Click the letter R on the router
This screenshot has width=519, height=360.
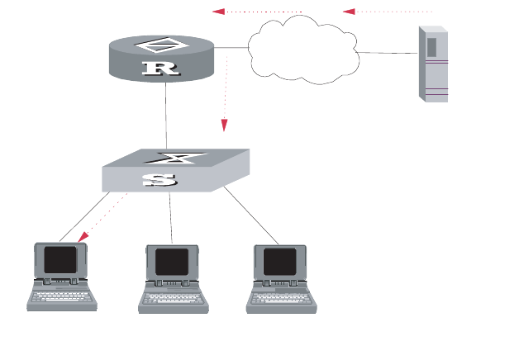pyautogui.click(x=160, y=68)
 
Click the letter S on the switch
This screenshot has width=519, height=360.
pyautogui.click(x=159, y=180)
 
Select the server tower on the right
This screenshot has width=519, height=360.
pyautogui.click(x=433, y=64)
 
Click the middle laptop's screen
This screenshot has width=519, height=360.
pyautogui.click(x=172, y=262)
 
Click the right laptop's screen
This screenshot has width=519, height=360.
pyautogui.click(x=281, y=262)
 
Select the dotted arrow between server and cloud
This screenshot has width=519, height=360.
pyautogui.click(x=388, y=12)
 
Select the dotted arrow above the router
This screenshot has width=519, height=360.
pyautogui.click(x=257, y=12)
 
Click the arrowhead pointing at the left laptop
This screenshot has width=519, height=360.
pyautogui.click(x=83, y=238)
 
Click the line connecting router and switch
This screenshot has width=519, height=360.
pyautogui.click(x=166, y=116)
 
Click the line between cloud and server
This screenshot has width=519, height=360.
pyautogui.click(x=388, y=53)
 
